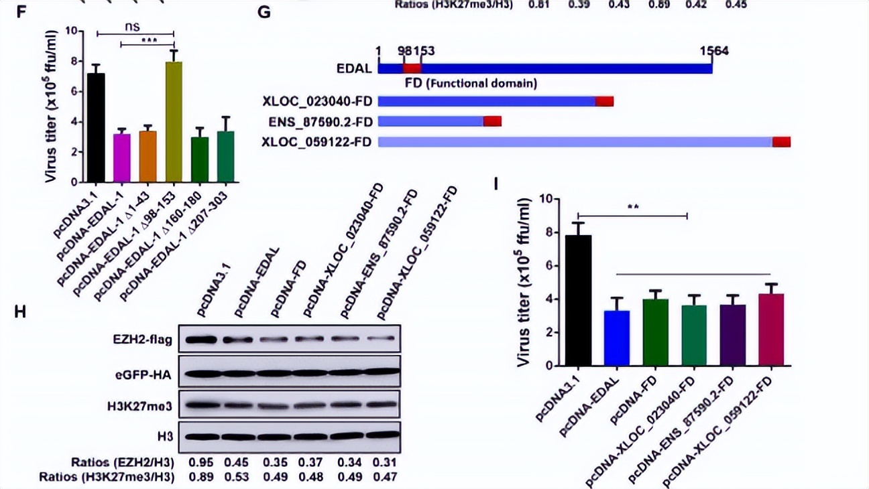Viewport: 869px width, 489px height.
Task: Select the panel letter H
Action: tap(19, 311)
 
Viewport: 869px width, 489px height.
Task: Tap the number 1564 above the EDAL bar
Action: tap(713, 51)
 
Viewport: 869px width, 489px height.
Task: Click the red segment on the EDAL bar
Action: tap(412, 68)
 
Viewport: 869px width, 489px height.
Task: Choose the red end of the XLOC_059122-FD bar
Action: tap(781, 141)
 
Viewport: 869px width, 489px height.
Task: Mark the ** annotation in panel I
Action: tap(632, 207)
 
